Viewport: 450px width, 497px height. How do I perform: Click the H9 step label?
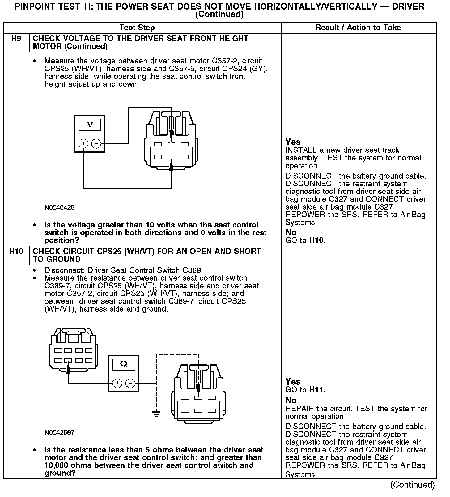(16, 39)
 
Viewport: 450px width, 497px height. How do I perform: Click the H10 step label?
(16, 252)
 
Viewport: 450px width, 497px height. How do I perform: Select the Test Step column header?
(137, 28)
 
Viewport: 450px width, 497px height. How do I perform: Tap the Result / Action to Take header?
(358, 28)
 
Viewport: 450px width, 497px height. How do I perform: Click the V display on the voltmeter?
(90, 125)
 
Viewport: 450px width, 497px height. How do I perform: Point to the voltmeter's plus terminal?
(83, 143)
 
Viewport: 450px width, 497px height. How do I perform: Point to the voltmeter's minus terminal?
(96, 143)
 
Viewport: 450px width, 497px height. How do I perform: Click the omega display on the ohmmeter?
(124, 365)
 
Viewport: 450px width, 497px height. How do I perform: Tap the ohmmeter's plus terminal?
(117, 384)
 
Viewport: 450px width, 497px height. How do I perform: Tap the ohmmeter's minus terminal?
(130, 384)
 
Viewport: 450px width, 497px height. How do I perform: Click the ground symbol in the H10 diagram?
(157, 414)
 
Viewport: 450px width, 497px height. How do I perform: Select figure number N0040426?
(59, 208)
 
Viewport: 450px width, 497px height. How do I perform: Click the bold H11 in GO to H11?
(316, 390)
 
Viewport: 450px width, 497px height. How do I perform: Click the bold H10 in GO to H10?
(317, 240)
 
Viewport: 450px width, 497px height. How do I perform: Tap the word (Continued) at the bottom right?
(413, 485)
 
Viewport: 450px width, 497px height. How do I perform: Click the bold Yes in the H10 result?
(293, 382)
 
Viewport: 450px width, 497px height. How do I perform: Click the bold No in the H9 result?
(291, 232)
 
